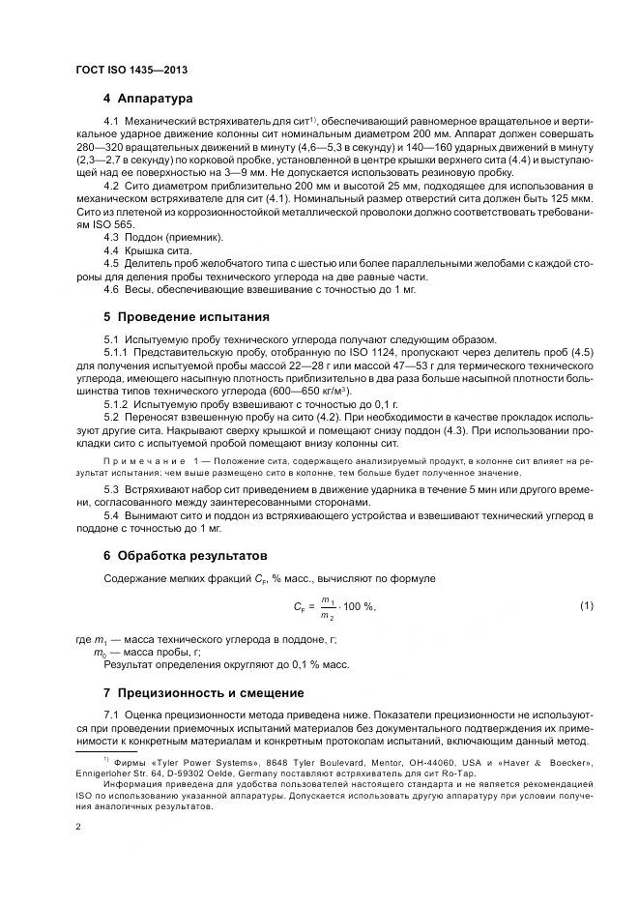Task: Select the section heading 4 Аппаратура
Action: coord(148,99)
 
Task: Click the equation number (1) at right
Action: coord(586,605)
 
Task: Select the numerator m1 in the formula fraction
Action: coord(328,599)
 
